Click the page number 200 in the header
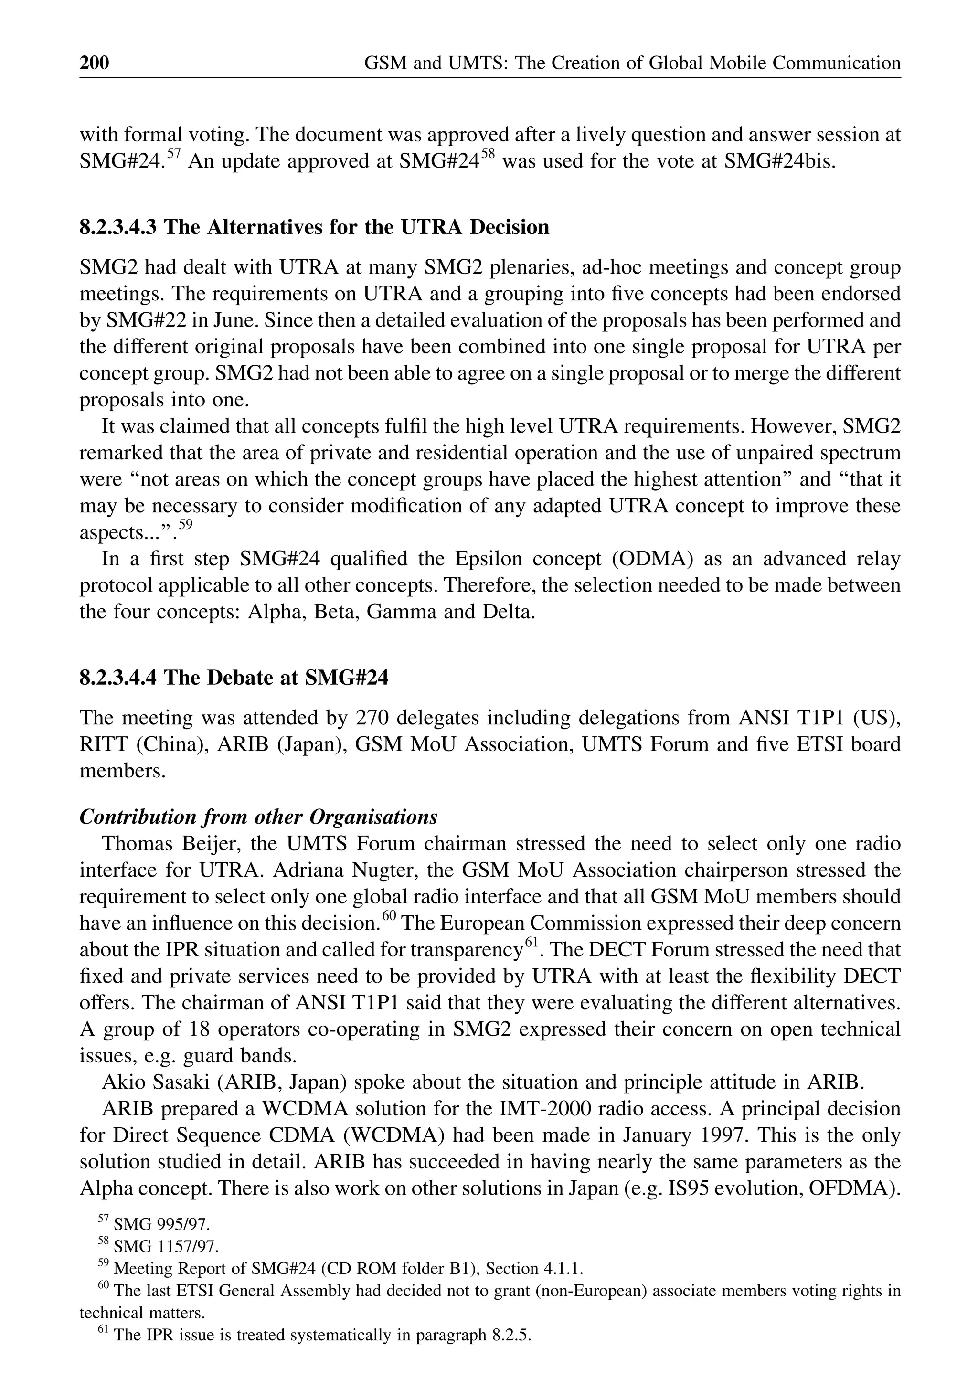tap(95, 63)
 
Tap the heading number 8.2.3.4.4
tap(119, 678)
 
